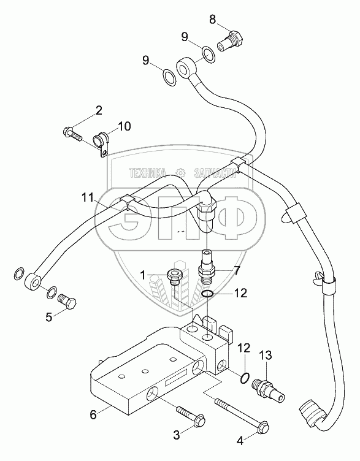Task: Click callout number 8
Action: (x=212, y=20)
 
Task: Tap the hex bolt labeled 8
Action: (x=230, y=40)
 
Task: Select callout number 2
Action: (x=99, y=110)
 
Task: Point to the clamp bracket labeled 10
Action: (x=101, y=144)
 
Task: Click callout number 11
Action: (x=87, y=197)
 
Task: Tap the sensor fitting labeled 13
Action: (x=267, y=389)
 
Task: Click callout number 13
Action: (x=266, y=356)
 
